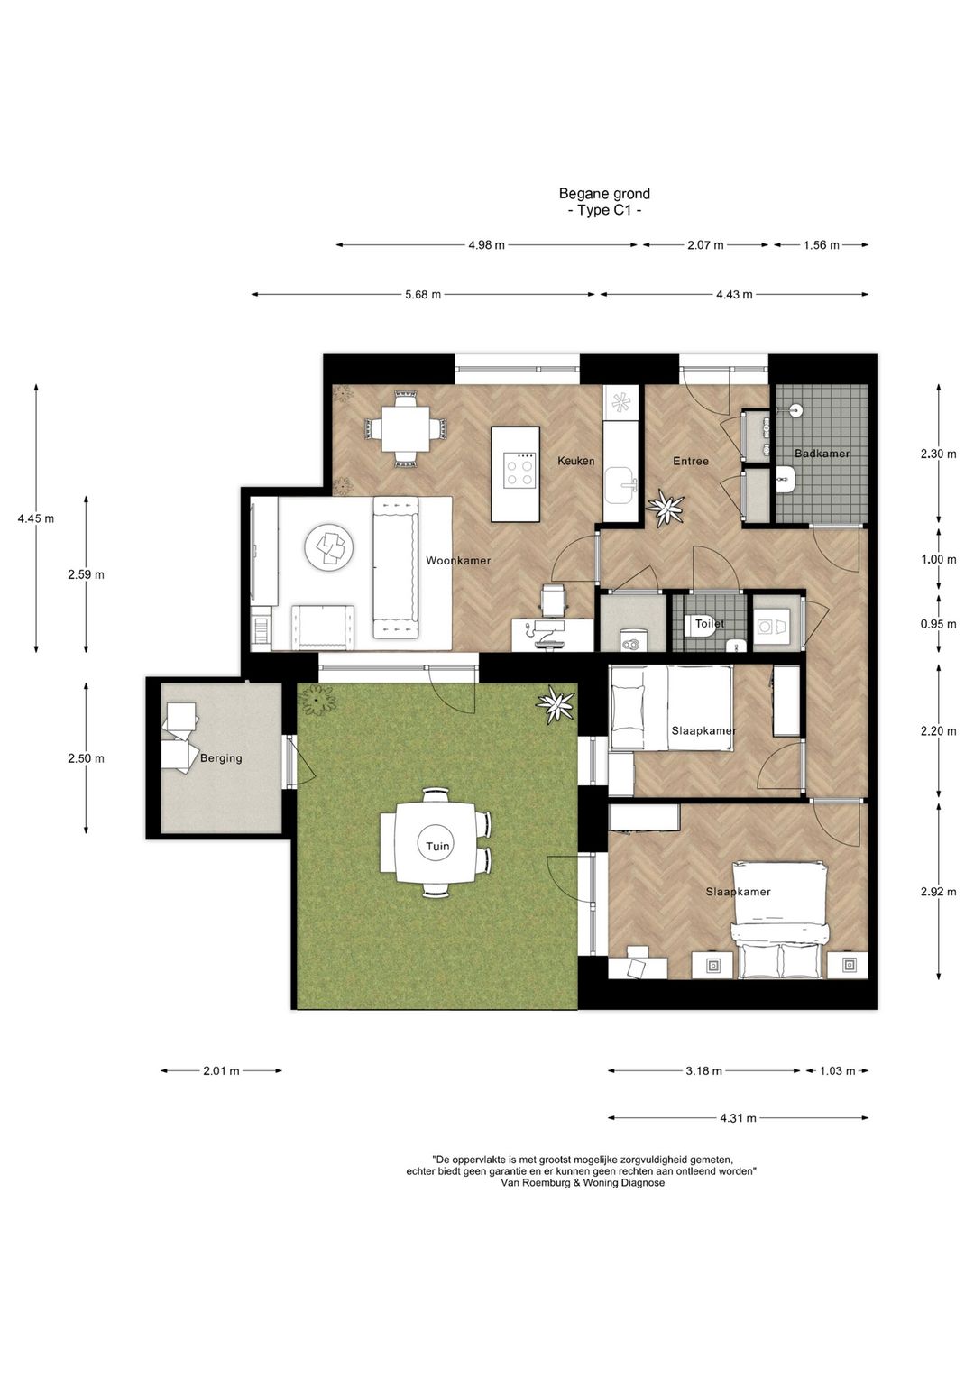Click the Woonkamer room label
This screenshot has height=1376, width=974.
[458, 561]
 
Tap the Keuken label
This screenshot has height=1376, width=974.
[575, 461]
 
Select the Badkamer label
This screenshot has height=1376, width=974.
[822, 454]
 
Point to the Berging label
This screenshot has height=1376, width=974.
[221, 758]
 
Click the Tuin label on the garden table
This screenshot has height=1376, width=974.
[438, 846]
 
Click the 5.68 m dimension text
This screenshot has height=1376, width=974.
[423, 295]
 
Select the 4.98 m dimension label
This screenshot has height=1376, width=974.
[486, 245]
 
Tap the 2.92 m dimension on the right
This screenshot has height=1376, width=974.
[938, 892]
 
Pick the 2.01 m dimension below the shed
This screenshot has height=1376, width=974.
[221, 1071]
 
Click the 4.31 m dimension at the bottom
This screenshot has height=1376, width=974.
[738, 1118]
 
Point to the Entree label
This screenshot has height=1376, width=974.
[691, 461]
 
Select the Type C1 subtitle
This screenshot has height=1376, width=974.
[604, 211]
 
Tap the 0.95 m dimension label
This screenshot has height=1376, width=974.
[938, 624]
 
